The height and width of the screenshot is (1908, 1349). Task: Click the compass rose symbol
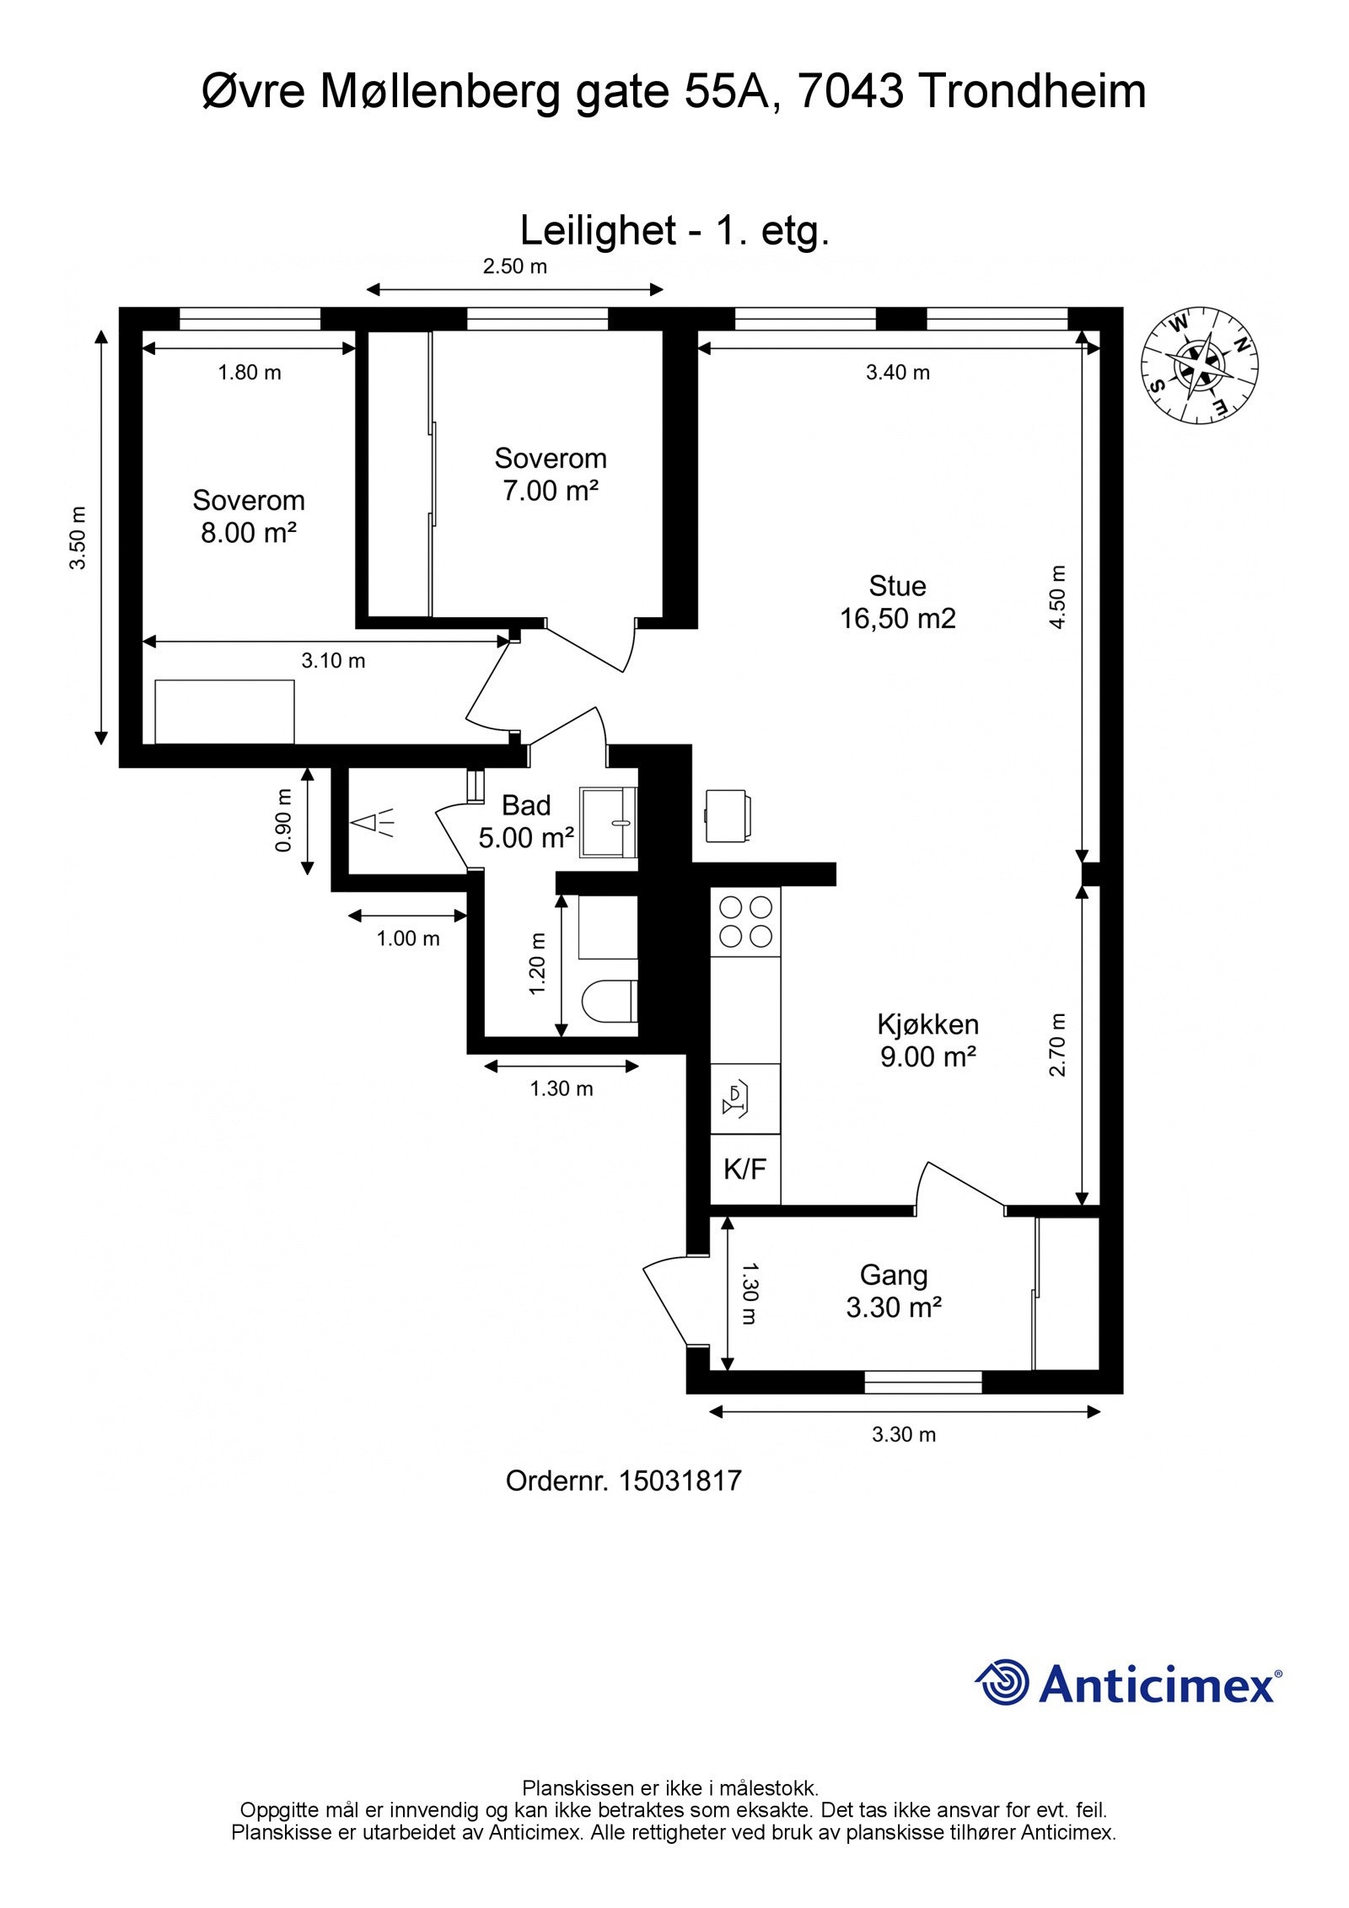pyautogui.click(x=1199, y=366)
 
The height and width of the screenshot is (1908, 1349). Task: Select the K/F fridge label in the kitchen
pyautogui.click(x=745, y=1169)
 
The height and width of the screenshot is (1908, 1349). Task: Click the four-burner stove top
pyautogui.click(x=746, y=922)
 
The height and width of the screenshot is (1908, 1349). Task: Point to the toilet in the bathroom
pyautogui.click(x=609, y=1001)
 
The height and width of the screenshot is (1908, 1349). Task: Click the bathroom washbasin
pyautogui.click(x=609, y=822)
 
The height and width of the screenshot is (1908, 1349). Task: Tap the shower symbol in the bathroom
pyautogui.click(x=373, y=822)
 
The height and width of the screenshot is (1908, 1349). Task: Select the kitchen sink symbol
pyautogui.click(x=736, y=1099)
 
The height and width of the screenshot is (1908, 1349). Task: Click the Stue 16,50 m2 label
pyautogui.click(x=898, y=602)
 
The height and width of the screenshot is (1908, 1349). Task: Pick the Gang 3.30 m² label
pyautogui.click(x=894, y=1291)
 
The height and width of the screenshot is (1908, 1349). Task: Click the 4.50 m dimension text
pyautogui.click(x=1058, y=597)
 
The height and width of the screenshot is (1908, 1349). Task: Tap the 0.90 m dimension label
pyautogui.click(x=283, y=820)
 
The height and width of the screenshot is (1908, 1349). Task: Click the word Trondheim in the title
pyautogui.click(x=1032, y=91)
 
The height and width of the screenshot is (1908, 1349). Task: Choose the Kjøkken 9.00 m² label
pyautogui.click(x=928, y=1040)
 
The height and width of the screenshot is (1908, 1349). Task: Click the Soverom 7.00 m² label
pyautogui.click(x=551, y=474)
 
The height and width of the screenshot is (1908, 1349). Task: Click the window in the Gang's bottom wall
pyautogui.click(x=923, y=1383)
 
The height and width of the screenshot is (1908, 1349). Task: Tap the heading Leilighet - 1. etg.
pyautogui.click(x=675, y=231)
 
